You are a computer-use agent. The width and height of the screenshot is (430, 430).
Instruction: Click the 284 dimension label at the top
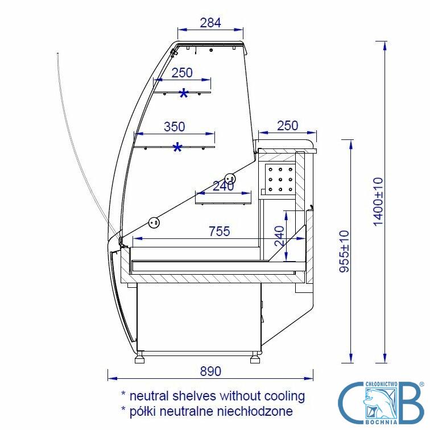210,23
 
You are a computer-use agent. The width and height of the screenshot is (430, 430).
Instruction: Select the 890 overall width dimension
210,371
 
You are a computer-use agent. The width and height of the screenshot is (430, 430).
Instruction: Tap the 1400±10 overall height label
378,201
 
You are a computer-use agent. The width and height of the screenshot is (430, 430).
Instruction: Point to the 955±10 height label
345,251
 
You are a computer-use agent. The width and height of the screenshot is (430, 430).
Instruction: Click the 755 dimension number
220,231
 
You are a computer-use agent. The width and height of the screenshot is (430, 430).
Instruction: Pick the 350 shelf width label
175,127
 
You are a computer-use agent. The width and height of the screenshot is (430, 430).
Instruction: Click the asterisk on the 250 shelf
184,94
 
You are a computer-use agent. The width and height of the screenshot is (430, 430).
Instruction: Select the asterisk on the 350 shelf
177,148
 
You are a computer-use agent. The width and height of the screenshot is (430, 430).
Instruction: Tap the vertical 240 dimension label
279,236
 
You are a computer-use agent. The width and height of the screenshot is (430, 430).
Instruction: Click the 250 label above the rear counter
287,126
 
